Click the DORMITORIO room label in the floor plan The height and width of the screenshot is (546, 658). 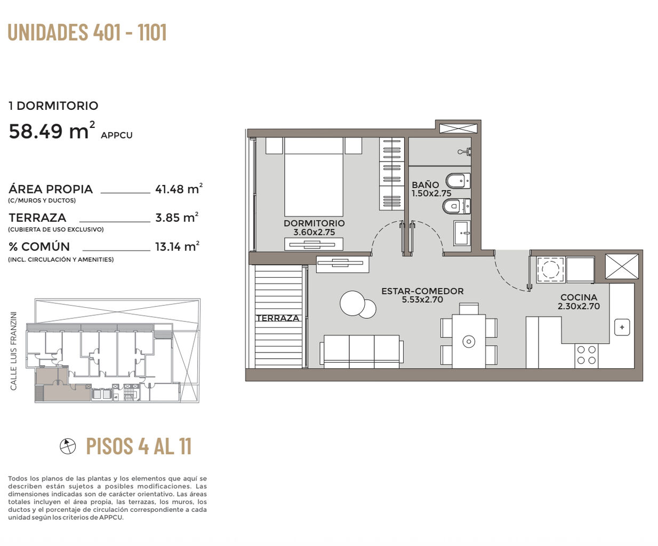(x=314, y=223)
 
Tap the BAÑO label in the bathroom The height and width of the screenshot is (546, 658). (x=425, y=184)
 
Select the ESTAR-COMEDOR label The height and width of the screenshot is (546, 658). (x=422, y=291)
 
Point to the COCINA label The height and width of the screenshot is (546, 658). (x=579, y=297)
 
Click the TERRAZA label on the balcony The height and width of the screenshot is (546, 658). (x=278, y=318)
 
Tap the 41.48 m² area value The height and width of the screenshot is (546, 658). (x=179, y=189)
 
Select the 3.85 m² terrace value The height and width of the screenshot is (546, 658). (x=177, y=218)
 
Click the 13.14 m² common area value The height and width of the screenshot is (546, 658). (x=177, y=246)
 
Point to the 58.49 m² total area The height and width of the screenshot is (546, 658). (x=52, y=131)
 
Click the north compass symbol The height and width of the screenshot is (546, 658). (x=68, y=446)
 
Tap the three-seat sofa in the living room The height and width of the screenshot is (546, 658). (x=362, y=351)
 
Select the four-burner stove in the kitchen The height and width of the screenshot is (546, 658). (x=587, y=355)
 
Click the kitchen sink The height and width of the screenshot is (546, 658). (x=622, y=327)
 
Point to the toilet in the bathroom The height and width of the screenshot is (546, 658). (x=456, y=207)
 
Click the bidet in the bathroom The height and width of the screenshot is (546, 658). (x=458, y=181)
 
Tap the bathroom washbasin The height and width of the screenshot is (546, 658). (x=462, y=233)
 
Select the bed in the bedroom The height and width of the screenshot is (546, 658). (x=314, y=176)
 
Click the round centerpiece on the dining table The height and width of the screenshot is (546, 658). (x=469, y=341)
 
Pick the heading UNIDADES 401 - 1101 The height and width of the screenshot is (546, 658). (x=87, y=32)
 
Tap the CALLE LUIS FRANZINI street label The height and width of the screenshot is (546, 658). (x=13, y=351)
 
